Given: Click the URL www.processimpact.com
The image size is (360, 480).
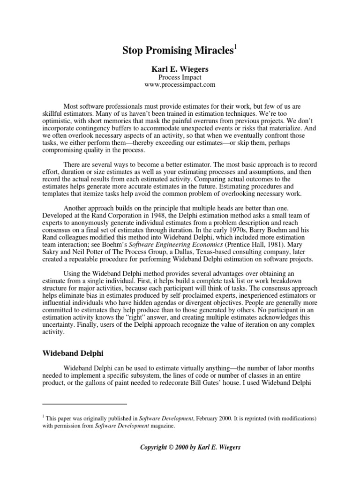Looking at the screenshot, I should [x=180, y=84].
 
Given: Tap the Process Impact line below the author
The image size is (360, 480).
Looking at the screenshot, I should [x=180, y=76].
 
